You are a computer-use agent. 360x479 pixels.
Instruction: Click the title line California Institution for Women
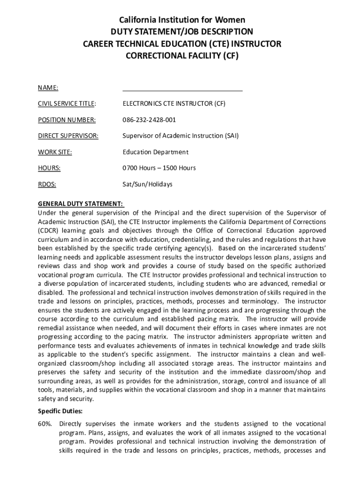[x=182, y=20]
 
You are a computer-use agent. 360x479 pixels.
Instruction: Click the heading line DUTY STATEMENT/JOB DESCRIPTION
[x=182, y=32]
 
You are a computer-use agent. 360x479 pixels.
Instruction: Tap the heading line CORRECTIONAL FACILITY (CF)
[x=182, y=56]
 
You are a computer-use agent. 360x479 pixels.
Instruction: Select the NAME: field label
[x=48, y=87]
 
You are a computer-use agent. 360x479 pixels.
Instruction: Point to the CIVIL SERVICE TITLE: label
[x=67, y=104]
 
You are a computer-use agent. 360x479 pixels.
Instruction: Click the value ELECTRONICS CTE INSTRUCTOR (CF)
[x=174, y=104]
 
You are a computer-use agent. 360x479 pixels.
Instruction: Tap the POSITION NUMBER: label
[x=66, y=120]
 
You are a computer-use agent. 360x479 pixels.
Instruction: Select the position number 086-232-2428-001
[x=149, y=120]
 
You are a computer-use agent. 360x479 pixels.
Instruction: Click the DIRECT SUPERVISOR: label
[x=68, y=136]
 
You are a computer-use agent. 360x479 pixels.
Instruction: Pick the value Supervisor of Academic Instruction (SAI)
[x=180, y=136]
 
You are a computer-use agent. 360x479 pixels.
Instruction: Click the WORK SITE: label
[x=55, y=152]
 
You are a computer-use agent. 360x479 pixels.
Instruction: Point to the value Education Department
[x=155, y=152]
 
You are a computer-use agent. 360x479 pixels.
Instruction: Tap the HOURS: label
[x=49, y=168]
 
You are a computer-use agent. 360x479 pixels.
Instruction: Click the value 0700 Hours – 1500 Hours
[x=159, y=168]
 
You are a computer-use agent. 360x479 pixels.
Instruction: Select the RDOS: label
[x=47, y=184]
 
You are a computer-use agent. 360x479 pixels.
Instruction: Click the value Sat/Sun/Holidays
[x=147, y=184]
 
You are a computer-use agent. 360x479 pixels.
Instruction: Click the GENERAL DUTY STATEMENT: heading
[x=80, y=204]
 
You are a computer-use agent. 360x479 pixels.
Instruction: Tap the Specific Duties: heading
[x=60, y=411]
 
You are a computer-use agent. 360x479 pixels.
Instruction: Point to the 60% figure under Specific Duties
[x=45, y=423]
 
